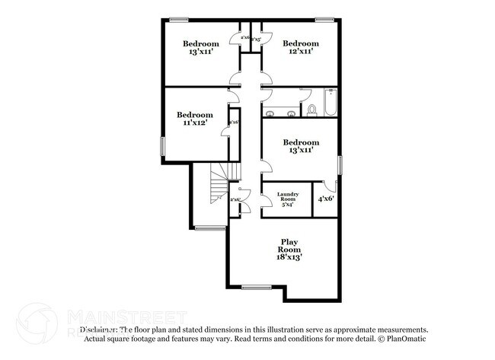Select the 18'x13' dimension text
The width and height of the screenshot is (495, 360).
point(289,257)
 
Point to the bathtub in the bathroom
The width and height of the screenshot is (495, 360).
point(331,104)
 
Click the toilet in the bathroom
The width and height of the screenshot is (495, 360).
point(311,108)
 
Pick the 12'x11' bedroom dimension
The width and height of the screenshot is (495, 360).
point(301,53)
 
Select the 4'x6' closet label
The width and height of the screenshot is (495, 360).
point(326,199)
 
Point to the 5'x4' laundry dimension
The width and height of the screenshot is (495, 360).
point(287,205)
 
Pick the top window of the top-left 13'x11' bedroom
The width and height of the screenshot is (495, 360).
point(180,19)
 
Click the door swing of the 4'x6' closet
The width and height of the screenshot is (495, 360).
point(327,185)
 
